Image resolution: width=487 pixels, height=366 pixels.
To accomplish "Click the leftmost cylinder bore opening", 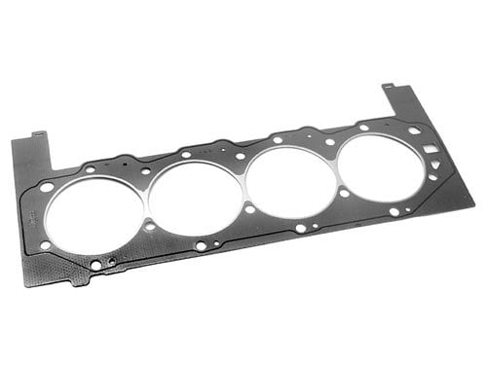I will (94, 215).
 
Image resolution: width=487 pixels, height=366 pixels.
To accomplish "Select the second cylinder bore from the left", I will (194, 197).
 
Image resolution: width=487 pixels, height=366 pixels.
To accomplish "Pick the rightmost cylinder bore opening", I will (380, 167).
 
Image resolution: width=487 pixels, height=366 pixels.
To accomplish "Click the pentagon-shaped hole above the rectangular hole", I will (415, 130).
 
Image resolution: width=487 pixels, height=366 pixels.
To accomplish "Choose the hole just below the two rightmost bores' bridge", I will (344, 193).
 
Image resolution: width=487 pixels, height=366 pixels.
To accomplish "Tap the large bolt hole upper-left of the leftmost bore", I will (47, 186).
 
